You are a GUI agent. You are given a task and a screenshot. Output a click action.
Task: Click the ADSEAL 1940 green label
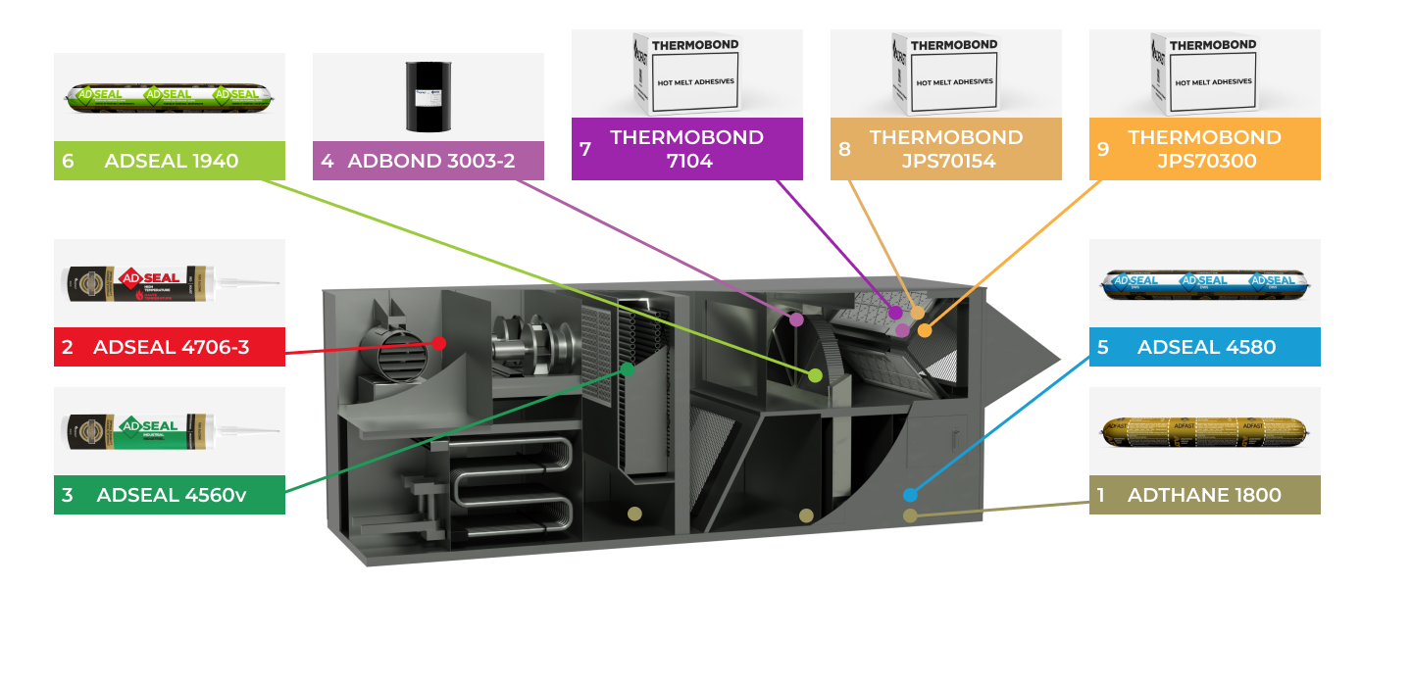tap(170, 161)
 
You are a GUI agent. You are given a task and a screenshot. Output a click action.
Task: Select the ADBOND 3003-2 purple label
tap(429, 161)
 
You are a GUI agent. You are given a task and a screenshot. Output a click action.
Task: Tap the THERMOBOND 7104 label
tap(686, 149)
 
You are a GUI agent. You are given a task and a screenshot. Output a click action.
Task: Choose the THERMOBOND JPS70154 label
tap(945, 149)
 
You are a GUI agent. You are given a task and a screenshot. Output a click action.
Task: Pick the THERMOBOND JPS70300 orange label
tap(1204, 149)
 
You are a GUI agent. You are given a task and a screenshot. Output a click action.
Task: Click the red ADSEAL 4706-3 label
tap(170, 347)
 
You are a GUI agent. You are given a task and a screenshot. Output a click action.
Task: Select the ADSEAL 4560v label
tap(170, 495)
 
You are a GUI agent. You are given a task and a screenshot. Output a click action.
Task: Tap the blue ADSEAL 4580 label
tap(1204, 347)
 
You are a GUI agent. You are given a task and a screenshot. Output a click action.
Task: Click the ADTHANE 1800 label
tap(1204, 495)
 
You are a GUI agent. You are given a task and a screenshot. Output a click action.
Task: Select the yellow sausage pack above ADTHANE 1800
tap(1205, 431)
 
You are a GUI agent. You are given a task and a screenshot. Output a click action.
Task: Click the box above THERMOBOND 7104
tap(686, 73)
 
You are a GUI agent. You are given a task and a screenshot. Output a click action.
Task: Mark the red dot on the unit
tap(439, 343)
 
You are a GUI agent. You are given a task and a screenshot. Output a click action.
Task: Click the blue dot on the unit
tap(910, 495)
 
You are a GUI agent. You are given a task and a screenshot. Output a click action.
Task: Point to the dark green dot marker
tap(628, 369)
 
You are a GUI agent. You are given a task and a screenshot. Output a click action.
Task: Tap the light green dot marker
tap(815, 375)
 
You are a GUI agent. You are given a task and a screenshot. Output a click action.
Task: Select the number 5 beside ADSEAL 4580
tap(1103, 347)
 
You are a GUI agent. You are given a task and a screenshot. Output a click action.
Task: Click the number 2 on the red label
tap(68, 347)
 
